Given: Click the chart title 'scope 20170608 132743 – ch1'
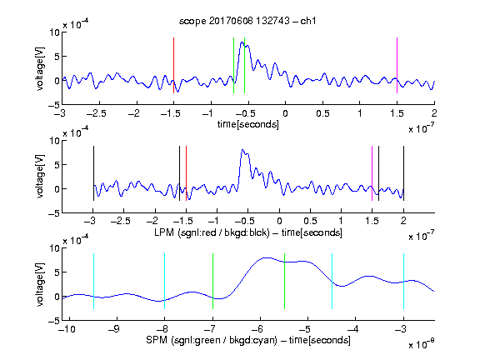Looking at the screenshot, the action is (x=247, y=21).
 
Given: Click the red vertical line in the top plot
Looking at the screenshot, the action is (x=173, y=65).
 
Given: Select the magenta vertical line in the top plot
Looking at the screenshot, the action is (x=397, y=65).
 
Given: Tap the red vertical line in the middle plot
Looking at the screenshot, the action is (x=186, y=173).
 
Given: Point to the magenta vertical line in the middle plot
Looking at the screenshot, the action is (x=372, y=173).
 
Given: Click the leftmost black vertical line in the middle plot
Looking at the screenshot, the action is (x=93, y=173).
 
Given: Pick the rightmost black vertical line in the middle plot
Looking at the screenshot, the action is (x=403, y=173).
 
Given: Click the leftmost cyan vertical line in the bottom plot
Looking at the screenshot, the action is (x=93, y=281).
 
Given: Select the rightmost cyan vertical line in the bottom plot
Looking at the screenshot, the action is (x=403, y=281).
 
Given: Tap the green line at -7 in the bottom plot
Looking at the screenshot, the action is (x=212, y=281).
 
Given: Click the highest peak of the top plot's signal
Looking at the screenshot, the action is (x=242, y=42).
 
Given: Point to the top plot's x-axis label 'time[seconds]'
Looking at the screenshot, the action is (x=248, y=124).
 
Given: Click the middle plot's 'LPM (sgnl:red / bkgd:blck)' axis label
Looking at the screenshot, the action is (x=212, y=232).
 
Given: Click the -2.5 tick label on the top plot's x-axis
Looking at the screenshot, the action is (x=96, y=113).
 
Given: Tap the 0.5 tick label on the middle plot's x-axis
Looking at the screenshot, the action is (x=310, y=221).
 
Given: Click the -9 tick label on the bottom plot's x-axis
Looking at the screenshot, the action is (x=114, y=329).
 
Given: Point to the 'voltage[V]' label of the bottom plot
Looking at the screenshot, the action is (x=40, y=284).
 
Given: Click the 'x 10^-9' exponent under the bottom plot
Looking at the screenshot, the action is (x=421, y=344).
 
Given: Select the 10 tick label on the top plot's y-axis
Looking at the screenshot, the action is (x=55, y=32).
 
